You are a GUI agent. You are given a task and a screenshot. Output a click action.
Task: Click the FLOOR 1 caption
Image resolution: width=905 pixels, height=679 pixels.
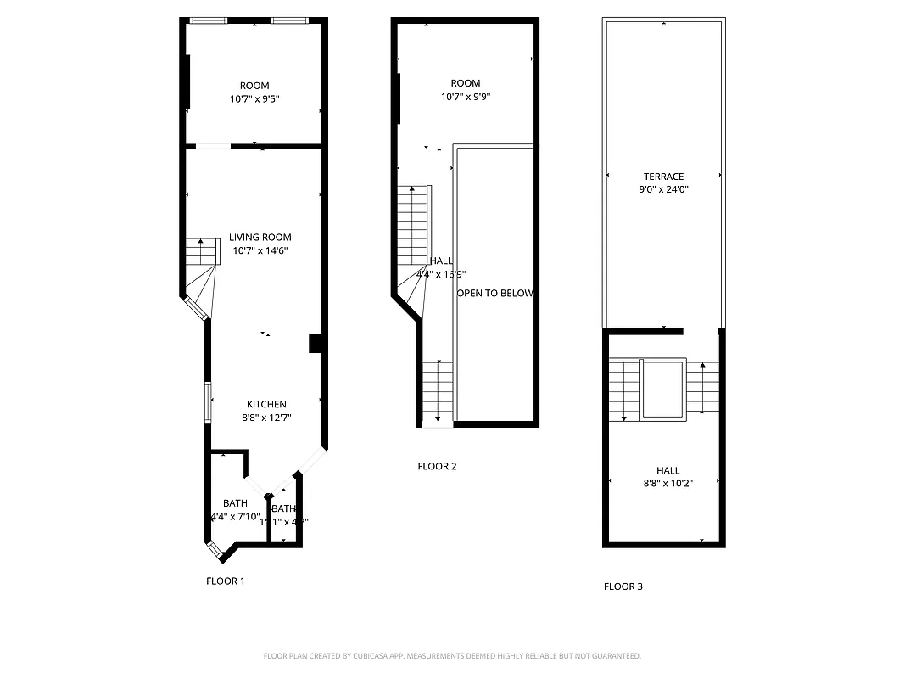coord(226,581)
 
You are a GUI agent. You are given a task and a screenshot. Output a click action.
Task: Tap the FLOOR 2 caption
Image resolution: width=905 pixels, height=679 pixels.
coord(438,466)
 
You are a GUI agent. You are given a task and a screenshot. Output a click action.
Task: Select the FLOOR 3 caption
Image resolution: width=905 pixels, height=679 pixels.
coord(623,586)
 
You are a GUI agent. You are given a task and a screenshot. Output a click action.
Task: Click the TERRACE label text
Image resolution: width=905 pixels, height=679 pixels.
coord(663,177)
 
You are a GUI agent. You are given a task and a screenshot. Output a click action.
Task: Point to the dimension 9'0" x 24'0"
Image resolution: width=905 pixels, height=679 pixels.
coord(663,190)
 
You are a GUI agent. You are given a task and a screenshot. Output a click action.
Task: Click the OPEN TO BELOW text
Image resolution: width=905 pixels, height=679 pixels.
coord(495,294)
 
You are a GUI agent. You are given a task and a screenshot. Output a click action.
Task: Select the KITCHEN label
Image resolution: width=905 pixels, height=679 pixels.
coord(266,404)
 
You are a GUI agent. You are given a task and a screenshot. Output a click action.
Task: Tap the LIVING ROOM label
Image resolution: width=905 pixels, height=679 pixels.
coord(260,238)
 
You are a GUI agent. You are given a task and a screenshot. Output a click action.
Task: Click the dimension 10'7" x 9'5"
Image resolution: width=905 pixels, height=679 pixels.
coord(254,98)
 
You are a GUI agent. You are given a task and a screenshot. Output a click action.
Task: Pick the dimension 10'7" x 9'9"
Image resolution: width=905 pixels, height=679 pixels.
coord(466,97)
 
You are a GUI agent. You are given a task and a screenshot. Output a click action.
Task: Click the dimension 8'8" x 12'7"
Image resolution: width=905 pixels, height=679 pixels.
coord(266,418)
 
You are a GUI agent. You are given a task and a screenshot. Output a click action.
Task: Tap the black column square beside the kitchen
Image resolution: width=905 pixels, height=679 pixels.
coord(316,342)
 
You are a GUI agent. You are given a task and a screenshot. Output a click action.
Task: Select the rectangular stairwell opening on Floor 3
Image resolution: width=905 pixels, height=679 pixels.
coord(663,389)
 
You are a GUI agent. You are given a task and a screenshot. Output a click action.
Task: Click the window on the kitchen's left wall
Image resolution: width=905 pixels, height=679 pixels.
coord(208,401)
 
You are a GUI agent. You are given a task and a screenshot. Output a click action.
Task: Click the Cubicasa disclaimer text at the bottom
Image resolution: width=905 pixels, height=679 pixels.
coord(452,656)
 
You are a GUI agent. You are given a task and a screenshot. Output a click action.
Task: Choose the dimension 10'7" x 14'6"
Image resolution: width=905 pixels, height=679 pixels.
coord(260,251)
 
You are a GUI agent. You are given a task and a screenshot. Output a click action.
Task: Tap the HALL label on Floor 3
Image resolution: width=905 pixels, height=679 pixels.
coord(668,471)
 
